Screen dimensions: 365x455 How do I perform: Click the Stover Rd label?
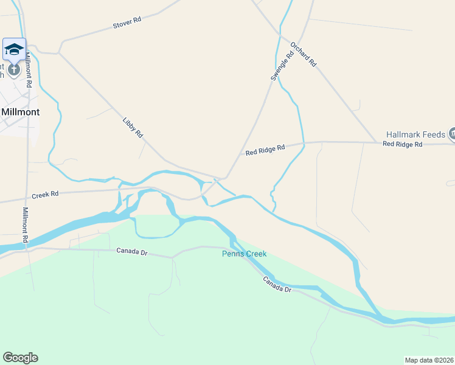click(x=127, y=23)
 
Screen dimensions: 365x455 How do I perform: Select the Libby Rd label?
click(x=133, y=127)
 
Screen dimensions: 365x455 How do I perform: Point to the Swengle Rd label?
click(x=282, y=66)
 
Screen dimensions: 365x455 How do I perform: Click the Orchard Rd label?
click(x=304, y=54)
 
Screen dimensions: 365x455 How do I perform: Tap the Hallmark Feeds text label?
click(x=416, y=134)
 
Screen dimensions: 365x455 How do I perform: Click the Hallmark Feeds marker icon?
click(x=452, y=133)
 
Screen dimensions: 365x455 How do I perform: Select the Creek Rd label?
click(x=45, y=194)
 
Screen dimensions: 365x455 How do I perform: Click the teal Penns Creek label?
click(x=244, y=254)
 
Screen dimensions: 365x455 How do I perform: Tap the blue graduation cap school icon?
click(x=14, y=49)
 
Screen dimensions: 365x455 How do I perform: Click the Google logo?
click(x=20, y=358)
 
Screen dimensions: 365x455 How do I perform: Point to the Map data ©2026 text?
click(x=429, y=360)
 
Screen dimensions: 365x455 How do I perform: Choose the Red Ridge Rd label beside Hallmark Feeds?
click(x=402, y=144)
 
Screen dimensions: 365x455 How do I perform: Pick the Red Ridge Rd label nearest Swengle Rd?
click(x=265, y=150)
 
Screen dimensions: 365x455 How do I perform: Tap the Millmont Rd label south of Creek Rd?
click(x=26, y=226)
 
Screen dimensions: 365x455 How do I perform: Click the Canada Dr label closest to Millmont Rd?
click(x=132, y=251)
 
